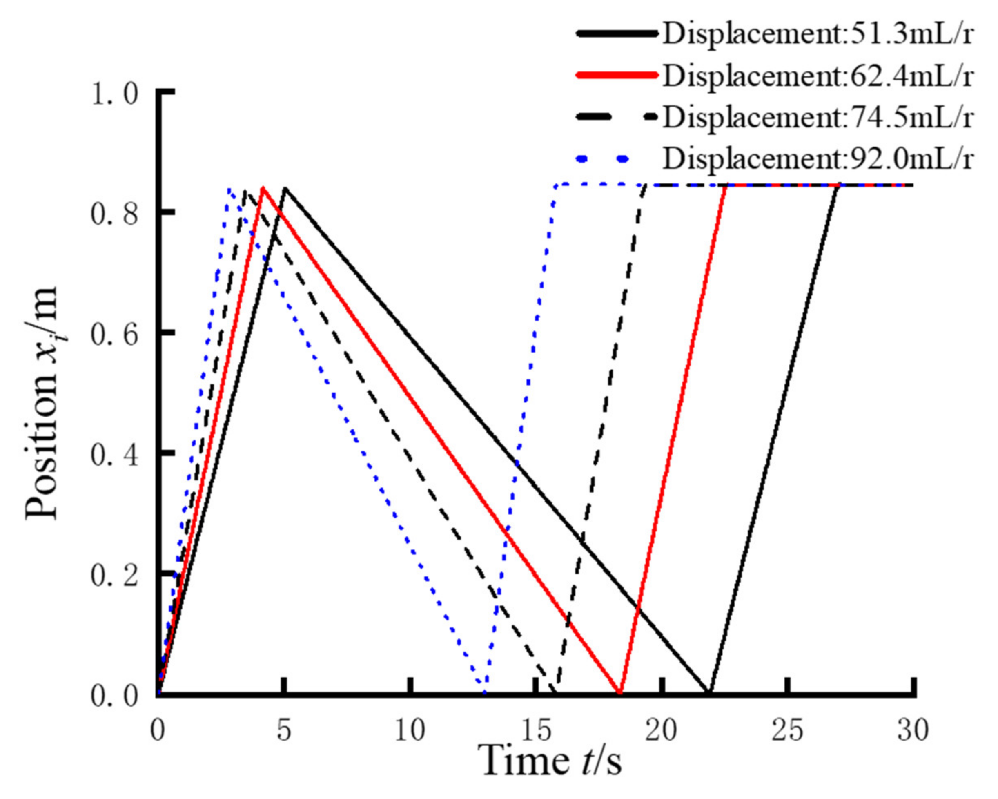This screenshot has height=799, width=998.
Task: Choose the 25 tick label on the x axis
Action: (788, 730)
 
